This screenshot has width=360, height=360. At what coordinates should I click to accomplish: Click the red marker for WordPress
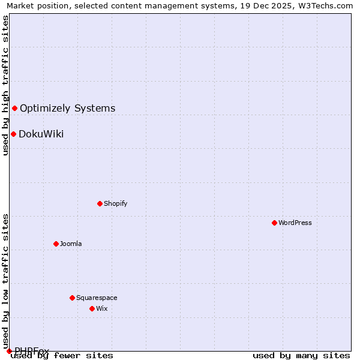[274, 223]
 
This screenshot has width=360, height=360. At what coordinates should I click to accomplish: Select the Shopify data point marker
[100, 203]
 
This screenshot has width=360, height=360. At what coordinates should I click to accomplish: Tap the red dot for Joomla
[56, 244]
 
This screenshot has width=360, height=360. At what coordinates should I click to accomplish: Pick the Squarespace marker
[72, 298]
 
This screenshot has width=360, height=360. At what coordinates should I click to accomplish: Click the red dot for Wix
[92, 308]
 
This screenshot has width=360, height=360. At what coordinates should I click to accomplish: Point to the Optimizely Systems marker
[14, 108]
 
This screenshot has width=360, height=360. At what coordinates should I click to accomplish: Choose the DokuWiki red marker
[13, 134]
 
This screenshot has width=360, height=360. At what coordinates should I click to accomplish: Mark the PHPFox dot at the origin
[9, 351]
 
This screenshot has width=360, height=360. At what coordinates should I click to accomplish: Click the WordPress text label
[295, 223]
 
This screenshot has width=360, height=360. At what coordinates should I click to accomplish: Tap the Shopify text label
[116, 203]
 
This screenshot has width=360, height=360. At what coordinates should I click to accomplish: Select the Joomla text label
[71, 244]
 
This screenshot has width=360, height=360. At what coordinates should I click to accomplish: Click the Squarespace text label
[97, 298]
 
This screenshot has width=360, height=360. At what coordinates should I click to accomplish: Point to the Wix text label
[101, 308]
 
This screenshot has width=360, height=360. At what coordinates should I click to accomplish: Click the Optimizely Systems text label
[68, 108]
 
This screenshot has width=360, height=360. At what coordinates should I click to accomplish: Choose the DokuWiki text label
[41, 134]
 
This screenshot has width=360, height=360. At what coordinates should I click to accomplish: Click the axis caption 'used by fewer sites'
[62, 355]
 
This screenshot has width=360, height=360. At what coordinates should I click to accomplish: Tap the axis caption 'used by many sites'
[301, 355]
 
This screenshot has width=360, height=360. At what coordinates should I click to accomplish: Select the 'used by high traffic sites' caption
[5, 85]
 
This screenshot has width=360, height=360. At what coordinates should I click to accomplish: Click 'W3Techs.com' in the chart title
[328, 5]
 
